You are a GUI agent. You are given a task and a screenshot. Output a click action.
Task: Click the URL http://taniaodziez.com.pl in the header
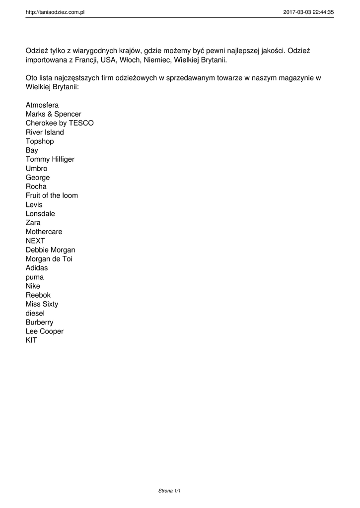(55, 12)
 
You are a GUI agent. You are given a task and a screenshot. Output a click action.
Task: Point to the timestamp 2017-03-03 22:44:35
(308, 12)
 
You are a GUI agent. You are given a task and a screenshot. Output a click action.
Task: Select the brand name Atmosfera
(42, 105)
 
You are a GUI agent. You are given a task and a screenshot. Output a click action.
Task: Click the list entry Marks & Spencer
(53, 114)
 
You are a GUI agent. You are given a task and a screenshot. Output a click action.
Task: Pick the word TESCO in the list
(81, 123)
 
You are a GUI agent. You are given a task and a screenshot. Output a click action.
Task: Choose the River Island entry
(45, 132)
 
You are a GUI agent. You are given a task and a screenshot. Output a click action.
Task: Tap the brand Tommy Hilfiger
(50, 159)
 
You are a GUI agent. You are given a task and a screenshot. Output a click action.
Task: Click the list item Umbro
(37, 168)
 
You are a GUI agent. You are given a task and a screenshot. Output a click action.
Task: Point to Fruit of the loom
(52, 195)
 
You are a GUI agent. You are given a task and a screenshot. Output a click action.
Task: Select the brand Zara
(33, 223)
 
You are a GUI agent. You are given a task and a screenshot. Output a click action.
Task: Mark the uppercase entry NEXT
(35, 241)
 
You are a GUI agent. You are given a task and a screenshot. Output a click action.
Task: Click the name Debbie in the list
(37, 250)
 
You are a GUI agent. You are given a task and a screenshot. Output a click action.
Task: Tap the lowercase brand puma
(35, 277)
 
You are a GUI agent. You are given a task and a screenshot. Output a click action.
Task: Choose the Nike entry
(33, 286)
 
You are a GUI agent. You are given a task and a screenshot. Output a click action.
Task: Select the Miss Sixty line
(42, 304)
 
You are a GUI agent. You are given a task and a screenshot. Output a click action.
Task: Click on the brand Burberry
(39, 322)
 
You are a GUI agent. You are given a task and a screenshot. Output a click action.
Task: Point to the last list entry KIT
(31, 340)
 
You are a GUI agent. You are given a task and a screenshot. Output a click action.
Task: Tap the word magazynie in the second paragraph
(297, 78)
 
